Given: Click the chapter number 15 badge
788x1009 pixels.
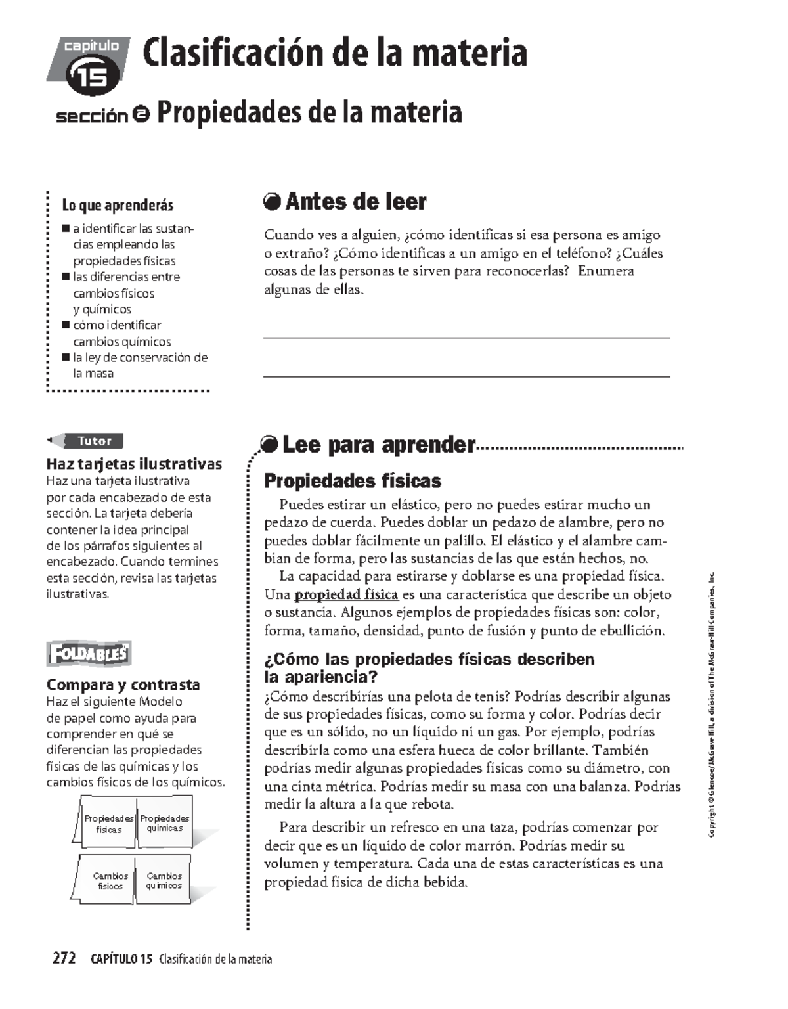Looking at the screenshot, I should [93, 77].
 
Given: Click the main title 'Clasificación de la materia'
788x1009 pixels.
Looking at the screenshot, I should [335, 54].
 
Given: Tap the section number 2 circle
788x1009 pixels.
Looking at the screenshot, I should [141, 115].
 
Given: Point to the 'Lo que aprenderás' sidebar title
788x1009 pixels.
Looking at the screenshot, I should [118, 206].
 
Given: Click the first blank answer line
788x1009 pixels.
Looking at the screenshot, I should [466, 337].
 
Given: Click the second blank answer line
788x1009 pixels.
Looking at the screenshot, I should [466, 376].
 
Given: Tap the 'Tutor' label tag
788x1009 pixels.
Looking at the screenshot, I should [95, 441].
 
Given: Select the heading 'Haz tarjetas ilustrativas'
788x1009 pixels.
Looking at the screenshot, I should [134, 464].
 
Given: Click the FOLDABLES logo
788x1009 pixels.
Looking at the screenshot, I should [89, 654].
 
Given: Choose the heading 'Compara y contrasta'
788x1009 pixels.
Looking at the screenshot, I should [123, 684].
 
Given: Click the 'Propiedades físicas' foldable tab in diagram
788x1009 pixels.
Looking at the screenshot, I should [108, 824].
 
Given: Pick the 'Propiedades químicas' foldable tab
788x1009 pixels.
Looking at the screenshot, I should [164, 823].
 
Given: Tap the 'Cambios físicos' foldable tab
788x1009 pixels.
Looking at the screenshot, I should [110, 881].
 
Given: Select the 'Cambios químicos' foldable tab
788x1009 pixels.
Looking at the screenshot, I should [164, 881].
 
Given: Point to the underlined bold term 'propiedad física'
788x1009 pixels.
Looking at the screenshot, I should [346, 594].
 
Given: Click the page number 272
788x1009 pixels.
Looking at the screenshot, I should [64, 959].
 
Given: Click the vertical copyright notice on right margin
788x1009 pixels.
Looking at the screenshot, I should [712, 706].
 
